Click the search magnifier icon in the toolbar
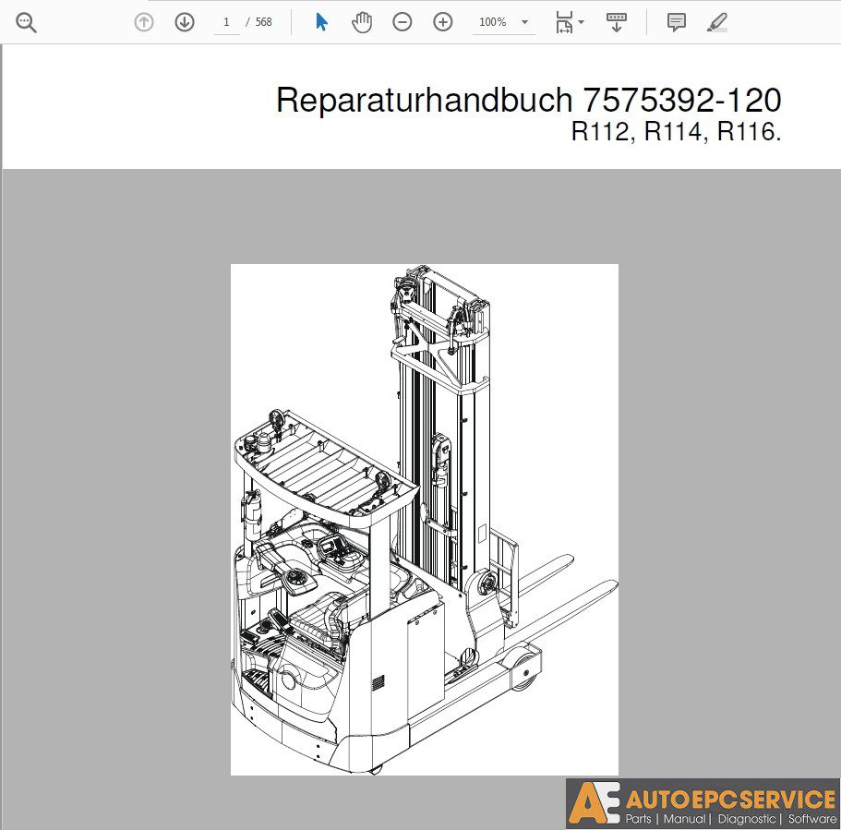26,23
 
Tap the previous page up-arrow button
144,22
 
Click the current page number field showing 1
226,22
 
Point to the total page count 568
263,22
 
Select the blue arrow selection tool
321,22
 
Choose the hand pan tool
362,22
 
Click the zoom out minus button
402,22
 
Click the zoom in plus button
443,22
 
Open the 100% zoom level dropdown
504,22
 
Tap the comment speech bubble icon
677,22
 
